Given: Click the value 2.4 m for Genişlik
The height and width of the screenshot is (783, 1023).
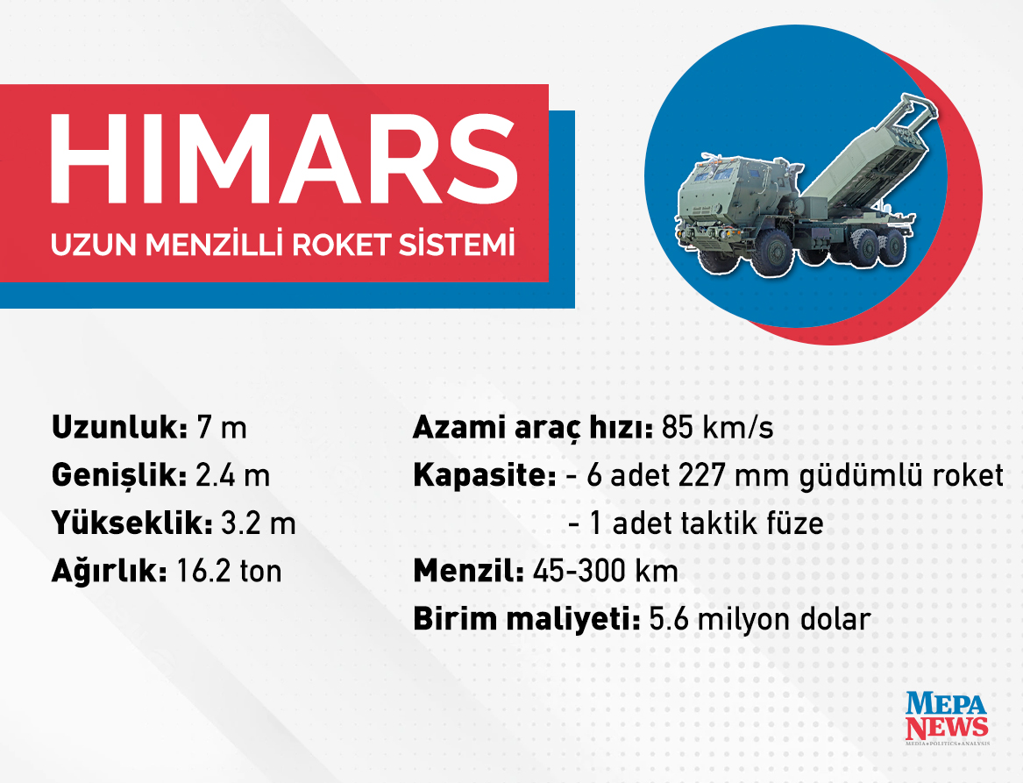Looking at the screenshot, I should (232, 476).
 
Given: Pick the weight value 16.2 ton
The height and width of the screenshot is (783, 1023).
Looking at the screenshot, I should (229, 572).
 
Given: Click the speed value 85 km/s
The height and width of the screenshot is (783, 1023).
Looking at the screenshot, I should (718, 429).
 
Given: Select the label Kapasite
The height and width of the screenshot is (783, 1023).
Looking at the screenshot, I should (484, 476).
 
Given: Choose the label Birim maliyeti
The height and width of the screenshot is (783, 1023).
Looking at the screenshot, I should (527, 619).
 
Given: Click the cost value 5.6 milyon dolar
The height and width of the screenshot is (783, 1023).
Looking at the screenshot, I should (759, 619).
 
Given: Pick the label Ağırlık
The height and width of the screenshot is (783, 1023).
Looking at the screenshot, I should (110, 572).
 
